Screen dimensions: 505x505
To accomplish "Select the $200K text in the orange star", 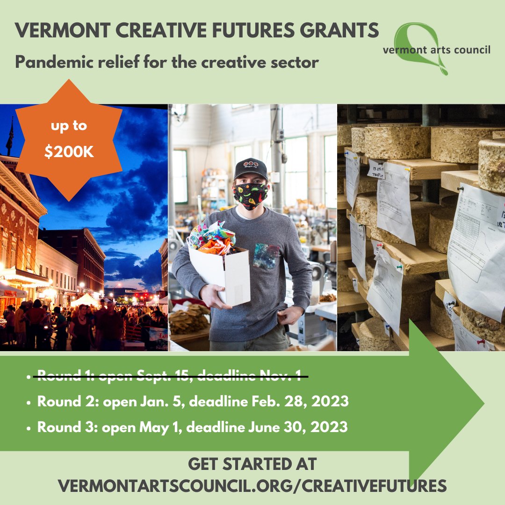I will point(69,153).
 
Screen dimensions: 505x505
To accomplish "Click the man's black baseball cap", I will point(251,169).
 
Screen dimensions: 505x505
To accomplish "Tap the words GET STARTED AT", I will point(252,465).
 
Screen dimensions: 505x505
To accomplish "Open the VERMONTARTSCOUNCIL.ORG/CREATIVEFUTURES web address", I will point(252,485).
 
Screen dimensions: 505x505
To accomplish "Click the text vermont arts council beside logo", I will point(436,50).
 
